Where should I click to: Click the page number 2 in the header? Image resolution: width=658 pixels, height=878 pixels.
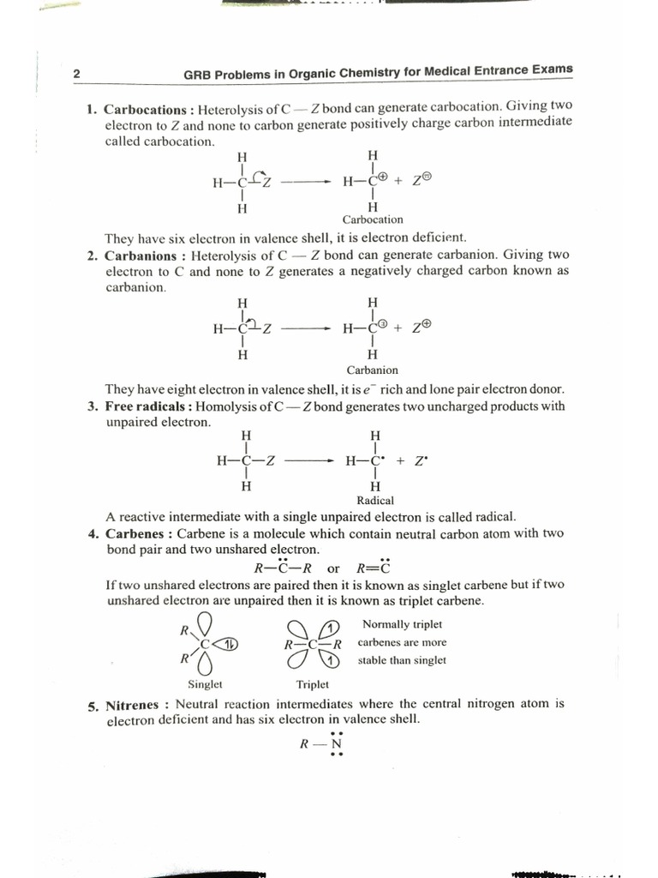tap(76, 75)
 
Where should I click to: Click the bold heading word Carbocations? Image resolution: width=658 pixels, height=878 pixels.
tap(144, 110)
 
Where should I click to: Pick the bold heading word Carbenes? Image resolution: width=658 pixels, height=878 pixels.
tap(137, 533)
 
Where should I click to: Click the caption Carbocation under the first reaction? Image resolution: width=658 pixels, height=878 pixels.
tap(372, 219)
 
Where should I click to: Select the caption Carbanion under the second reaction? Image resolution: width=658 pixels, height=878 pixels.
tap(372, 370)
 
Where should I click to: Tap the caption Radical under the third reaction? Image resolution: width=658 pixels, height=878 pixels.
tap(374, 501)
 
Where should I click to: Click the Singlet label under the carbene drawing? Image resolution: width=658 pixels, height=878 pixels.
tap(205, 683)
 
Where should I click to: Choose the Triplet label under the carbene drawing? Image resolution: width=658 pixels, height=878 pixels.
tap(312, 683)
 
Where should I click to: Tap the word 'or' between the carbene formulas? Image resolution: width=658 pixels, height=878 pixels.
tap(333, 568)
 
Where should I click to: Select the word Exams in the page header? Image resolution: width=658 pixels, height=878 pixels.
tap(552, 70)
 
